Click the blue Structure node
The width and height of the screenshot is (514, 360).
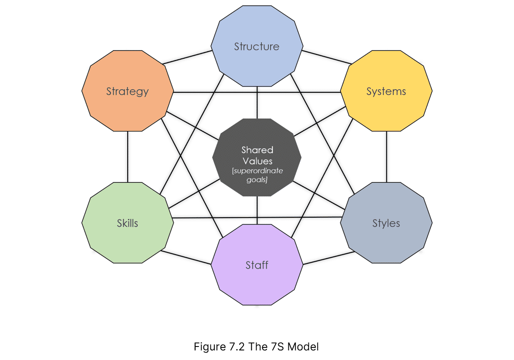257,46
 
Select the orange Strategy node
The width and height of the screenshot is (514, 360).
128,91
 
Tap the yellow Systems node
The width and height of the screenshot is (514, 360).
386,91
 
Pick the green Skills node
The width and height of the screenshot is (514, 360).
128,223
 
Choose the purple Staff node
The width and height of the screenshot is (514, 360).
257,265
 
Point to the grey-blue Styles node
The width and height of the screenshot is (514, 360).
386,223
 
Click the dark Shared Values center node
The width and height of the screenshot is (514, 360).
257,158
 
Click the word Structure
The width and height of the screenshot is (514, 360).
257,47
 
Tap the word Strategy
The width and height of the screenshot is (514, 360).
128,92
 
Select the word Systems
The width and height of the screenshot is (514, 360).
386,92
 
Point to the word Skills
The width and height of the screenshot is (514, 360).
128,223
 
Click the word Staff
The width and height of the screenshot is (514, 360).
257,265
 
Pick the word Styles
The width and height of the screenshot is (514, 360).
386,223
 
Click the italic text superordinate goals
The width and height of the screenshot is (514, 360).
257,175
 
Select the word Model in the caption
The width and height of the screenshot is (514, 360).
303,347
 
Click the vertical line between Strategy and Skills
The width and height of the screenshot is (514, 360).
128,157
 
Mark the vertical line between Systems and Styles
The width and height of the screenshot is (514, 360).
386,157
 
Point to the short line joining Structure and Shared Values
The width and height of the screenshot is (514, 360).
257,103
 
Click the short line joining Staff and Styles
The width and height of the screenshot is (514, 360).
329,258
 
